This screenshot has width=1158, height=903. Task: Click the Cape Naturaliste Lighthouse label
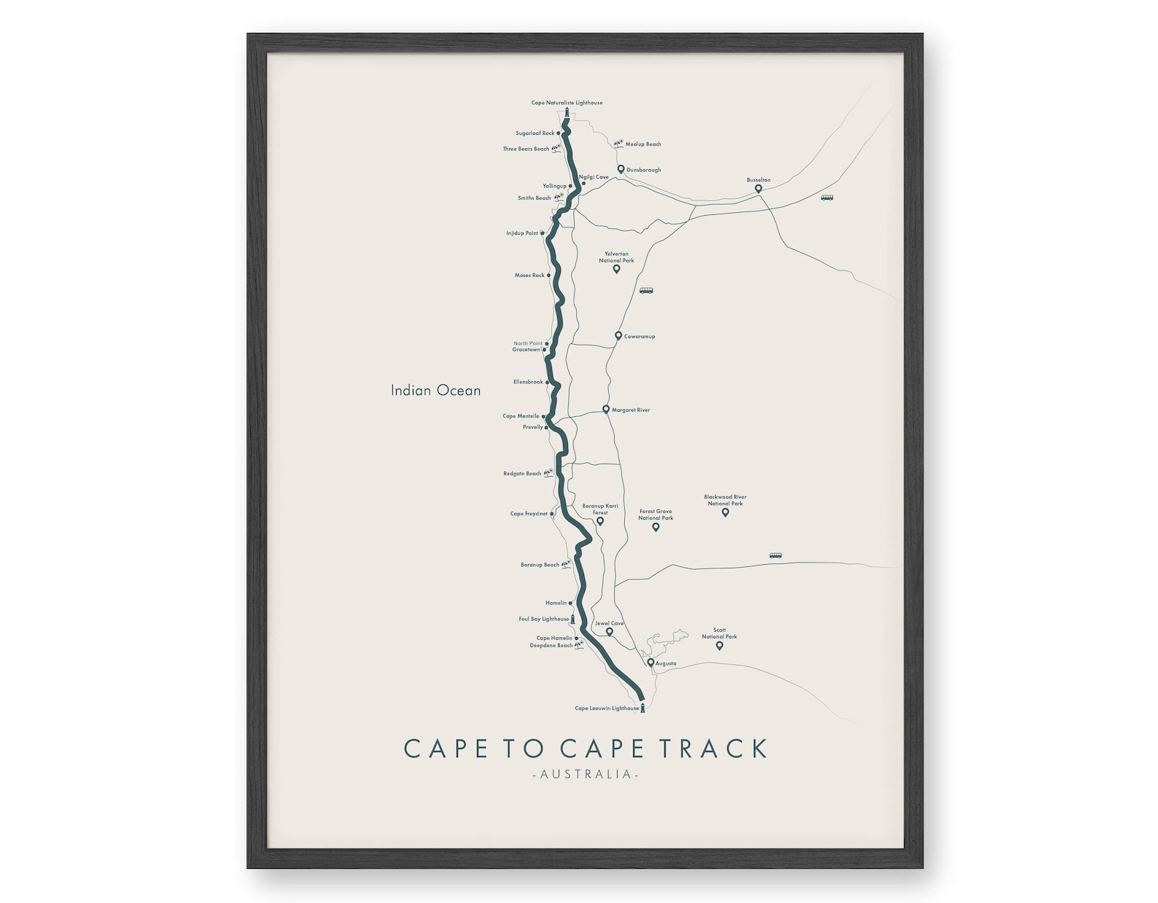pyautogui.click(x=567, y=103)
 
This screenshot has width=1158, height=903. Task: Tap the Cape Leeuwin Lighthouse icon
pyautogui.click(x=642, y=707)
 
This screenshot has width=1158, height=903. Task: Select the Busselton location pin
pyautogui.click(x=758, y=189)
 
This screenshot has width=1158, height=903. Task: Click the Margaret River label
pyautogui.click(x=630, y=410)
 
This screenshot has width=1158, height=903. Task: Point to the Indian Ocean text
pyautogui.click(x=435, y=391)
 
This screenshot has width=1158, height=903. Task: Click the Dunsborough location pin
pyautogui.click(x=621, y=169)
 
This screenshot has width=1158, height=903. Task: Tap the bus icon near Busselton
pyautogui.click(x=826, y=198)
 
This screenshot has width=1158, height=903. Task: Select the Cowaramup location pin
pyautogui.click(x=618, y=336)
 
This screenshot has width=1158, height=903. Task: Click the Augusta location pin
pyautogui.click(x=650, y=663)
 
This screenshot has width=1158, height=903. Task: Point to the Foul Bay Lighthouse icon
pyautogui.click(x=573, y=619)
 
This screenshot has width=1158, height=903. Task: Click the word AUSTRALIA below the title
pyautogui.click(x=586, y=774)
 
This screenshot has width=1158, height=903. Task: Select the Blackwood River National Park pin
pyautogui.click(x=725, y=512)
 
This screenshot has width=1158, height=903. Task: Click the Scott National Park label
pyautogui.click(x=719, y=633)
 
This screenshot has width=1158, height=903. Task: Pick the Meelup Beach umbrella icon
pyautogui.click(x=618, y=144)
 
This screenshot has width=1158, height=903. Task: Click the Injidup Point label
pyautogui.click(x=522, y=233)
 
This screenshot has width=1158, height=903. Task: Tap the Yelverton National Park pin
pyautogui.click(x=616, y=269)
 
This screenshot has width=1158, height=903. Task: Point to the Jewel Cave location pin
pyautogui.click(x=610, y=632)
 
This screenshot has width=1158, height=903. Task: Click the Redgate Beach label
pyautogui.click(x=522, y=474)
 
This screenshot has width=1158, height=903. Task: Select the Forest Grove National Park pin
pyautogui.click(x=656, y=527)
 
